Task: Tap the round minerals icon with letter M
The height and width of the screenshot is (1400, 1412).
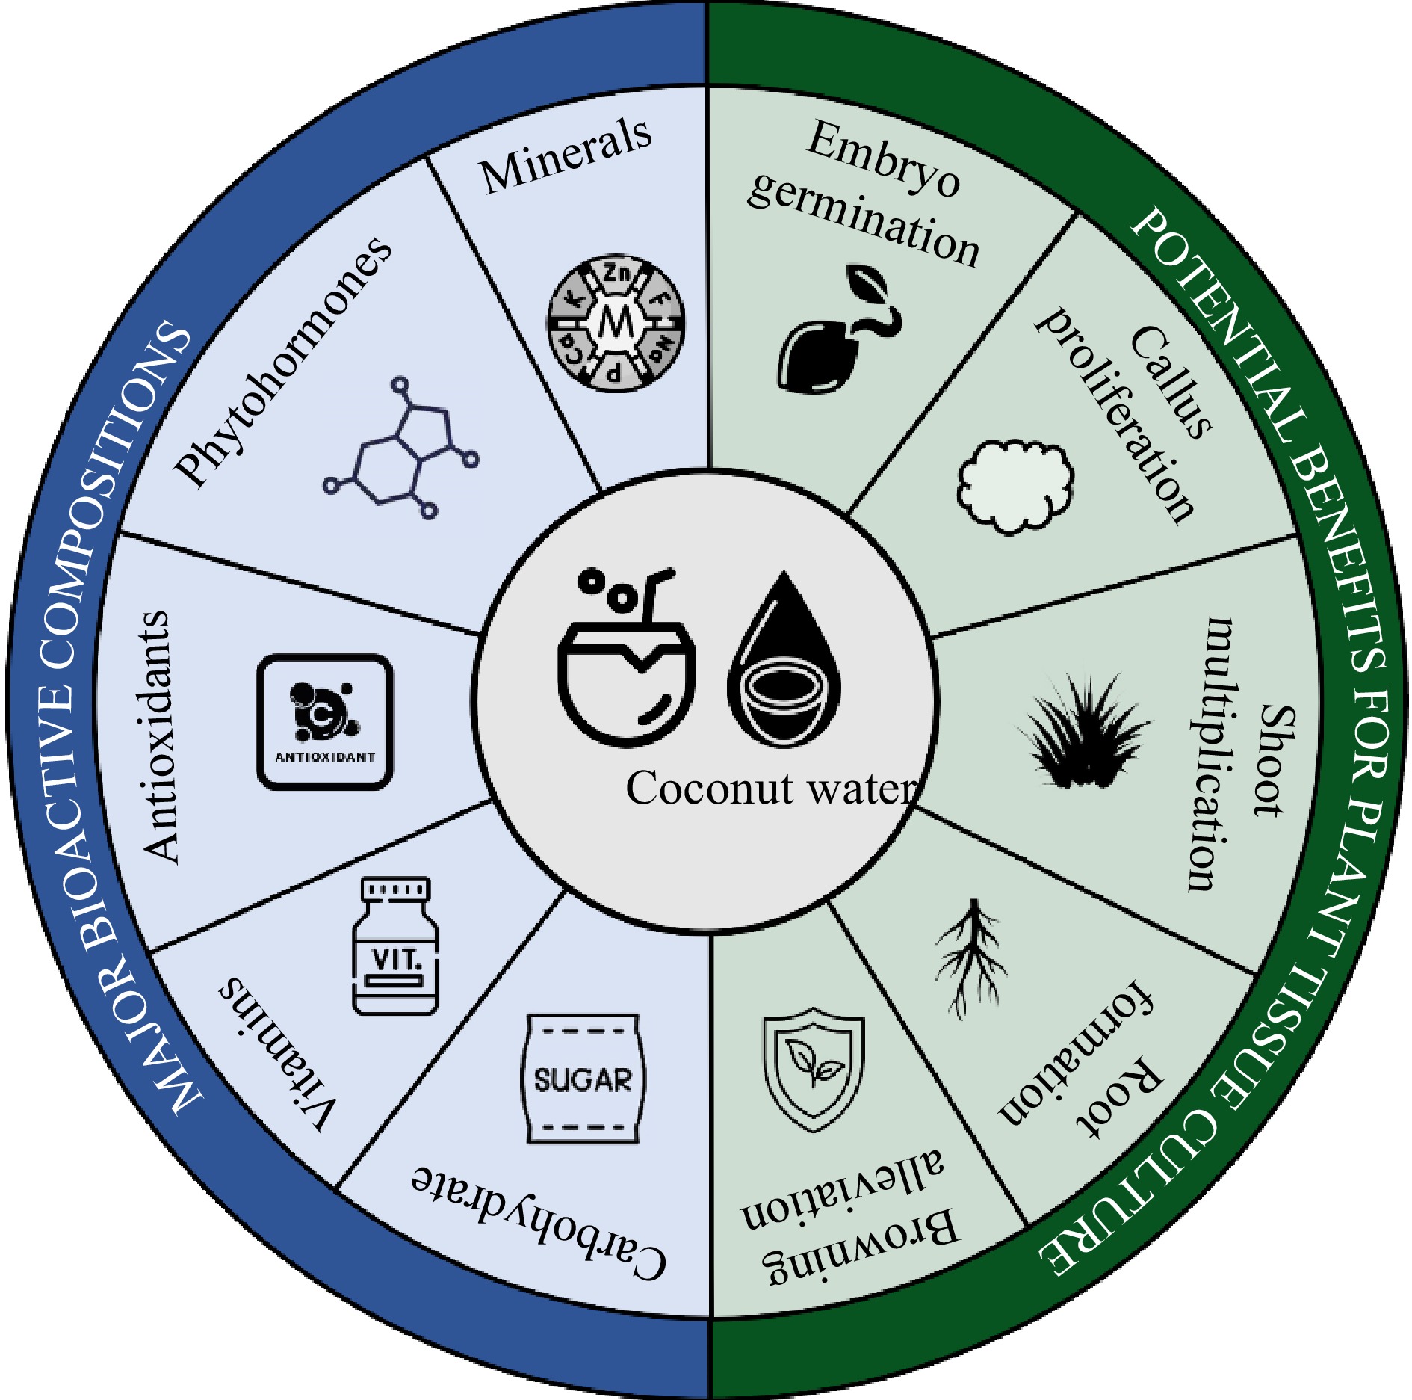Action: [616, 323]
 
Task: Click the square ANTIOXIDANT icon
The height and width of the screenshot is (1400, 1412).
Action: [325, 721]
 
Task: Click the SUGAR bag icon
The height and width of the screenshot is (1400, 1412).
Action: [582, 1079]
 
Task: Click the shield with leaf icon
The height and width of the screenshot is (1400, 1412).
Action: [814, 1069]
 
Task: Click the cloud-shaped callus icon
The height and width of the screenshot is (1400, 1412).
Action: [1015, 486]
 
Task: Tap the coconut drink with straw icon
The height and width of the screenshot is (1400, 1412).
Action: [626, 658]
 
